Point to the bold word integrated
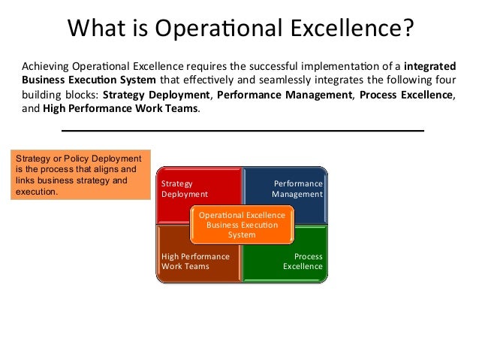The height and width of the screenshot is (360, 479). pos(429,66)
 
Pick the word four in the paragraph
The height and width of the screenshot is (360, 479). pos(444,80)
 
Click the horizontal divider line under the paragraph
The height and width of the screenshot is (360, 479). pos(242,130)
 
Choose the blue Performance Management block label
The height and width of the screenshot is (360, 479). pos(297,189)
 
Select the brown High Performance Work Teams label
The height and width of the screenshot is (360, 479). pos(195,262)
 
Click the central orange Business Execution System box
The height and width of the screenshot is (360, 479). pos(242,225)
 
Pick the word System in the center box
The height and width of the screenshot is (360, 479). pos(242,234)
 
